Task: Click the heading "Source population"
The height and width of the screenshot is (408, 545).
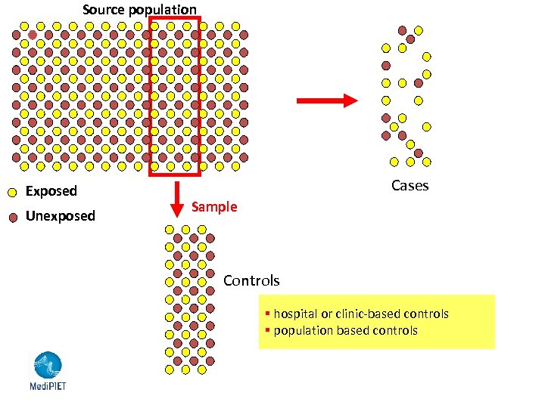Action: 139,10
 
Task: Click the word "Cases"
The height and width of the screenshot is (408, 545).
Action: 410,186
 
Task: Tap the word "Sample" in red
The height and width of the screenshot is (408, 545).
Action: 214,207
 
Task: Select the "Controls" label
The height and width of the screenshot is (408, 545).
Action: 251,281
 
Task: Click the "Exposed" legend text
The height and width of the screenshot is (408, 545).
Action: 51,191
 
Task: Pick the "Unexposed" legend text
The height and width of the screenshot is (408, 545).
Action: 61,216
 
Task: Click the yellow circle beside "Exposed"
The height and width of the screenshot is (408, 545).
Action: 12,192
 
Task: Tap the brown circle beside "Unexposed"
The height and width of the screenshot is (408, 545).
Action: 12,217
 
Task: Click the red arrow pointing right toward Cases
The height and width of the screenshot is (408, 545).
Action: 326,100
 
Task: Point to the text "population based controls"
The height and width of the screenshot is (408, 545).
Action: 345,330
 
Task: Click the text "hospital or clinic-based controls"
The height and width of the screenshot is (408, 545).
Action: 361,314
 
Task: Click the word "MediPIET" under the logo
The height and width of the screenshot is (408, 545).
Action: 47,385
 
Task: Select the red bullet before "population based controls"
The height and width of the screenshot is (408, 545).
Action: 268,330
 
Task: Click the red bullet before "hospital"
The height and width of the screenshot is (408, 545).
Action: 268,314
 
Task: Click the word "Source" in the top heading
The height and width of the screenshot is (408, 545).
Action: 103,10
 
